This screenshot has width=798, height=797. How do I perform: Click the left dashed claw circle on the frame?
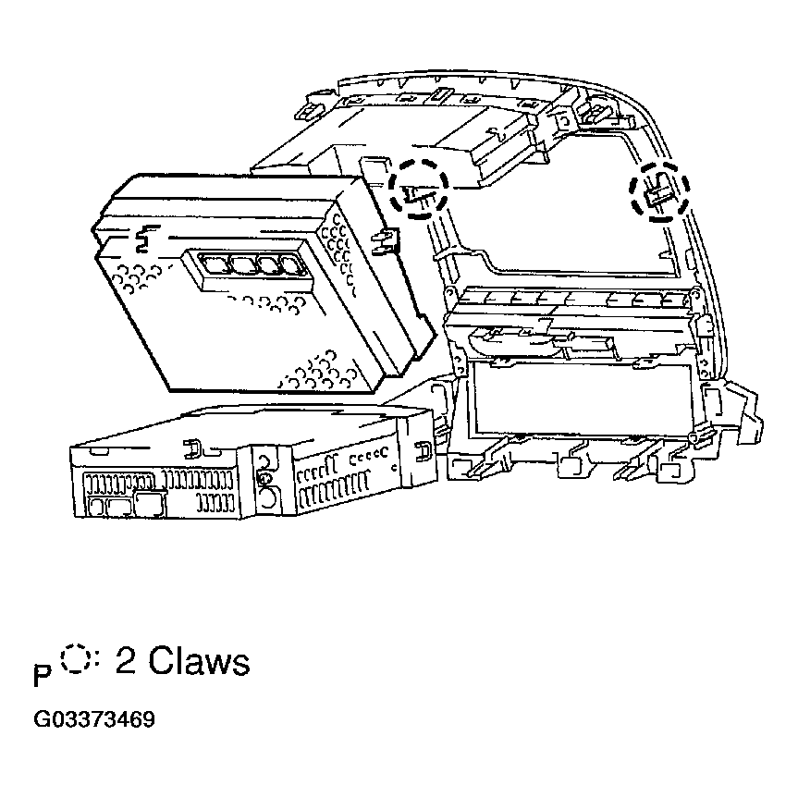[418, 188]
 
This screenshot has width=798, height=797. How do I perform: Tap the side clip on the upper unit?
[380, 242]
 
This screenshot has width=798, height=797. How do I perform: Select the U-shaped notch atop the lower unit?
[192, 445]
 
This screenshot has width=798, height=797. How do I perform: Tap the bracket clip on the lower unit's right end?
[423, 451]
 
